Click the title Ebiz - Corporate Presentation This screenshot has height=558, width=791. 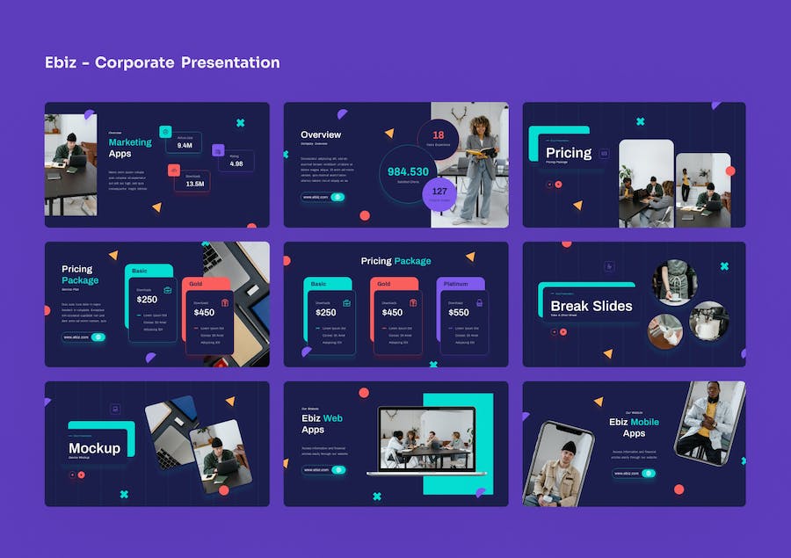[x=162, y=62]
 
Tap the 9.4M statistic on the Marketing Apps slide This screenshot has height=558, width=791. [x=185, y=146]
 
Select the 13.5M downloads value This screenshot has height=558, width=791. [x=195, y=184]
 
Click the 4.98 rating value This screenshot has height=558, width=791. [x=236, y=163]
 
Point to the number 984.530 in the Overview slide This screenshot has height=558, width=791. [x=408, y=172]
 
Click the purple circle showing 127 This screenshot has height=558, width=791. [x=439, y=192]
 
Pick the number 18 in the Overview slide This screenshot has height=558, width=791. [x=439, y=135]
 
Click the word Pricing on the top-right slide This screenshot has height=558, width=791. [x=569, y=153]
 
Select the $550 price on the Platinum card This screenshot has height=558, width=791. [x=459, y=312]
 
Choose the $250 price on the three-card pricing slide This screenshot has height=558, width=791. [x=325, y=312]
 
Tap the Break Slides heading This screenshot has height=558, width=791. [x=591, y=306]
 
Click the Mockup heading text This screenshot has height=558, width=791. [x=94, y=448]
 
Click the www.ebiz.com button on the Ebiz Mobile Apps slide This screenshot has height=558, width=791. [x=634, y=474]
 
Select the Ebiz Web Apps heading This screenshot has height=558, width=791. [x=322, y=424]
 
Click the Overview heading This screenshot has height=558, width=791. [x=321, y=134]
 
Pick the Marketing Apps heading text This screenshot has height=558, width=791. [x=129, y=148]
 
